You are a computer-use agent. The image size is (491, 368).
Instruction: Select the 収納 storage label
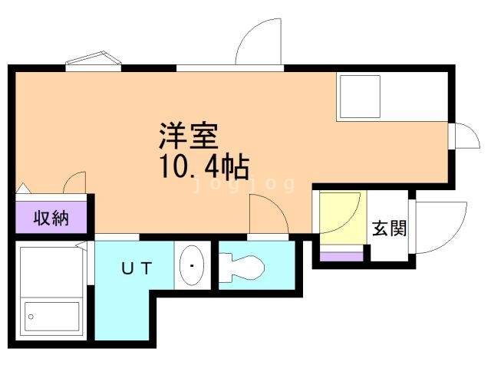tap(51, 219)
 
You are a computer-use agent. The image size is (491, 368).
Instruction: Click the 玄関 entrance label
tap(389, 228)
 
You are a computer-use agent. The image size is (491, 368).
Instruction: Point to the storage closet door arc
tap(75, 183)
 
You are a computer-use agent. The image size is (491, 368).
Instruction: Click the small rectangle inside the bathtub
tap(52, 315)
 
